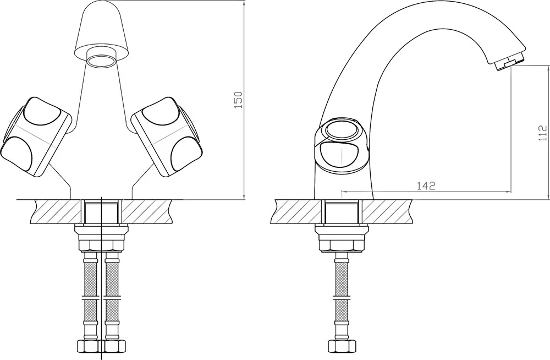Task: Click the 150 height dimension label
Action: [x=238, y=100]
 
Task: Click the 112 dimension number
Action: [x=542, y=133]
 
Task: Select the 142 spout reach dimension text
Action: [x=426, y=186]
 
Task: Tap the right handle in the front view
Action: [x=167, y=137]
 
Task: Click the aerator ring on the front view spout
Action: [x=101, y=61]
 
